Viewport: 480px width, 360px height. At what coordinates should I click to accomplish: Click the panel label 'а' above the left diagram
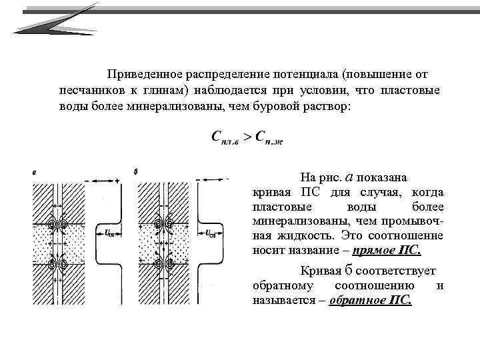click(x=34, y=173)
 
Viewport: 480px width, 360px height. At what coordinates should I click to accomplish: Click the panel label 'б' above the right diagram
click(x=136, y=173)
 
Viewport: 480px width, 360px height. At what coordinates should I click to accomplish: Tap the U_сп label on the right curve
click(x=211, y=233)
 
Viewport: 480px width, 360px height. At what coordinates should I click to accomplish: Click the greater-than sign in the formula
click(x=247, y=137)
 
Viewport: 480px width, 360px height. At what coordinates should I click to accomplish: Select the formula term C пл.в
click(x=226, y=137)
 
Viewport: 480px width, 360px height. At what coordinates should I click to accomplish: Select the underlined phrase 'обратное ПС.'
click(x=371, y=301)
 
